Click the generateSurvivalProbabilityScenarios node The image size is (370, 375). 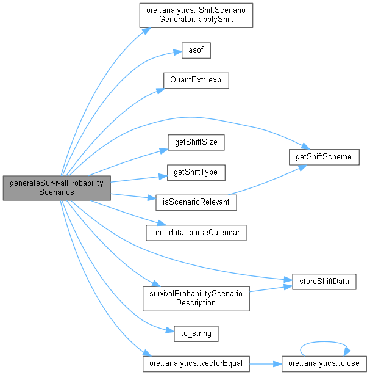point(56,188)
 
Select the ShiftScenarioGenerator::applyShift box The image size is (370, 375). point(196,15)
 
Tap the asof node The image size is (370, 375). point(196,51)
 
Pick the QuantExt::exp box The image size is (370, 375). point(196,81)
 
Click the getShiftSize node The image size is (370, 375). point(196,143)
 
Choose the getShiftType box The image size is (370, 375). point(196,173)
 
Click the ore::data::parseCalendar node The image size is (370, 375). point(196,233)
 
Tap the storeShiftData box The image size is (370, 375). point(324,282)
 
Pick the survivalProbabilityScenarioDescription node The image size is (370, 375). point(196,297)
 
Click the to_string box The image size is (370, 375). point(196,333)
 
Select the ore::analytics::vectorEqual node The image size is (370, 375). point(196,363)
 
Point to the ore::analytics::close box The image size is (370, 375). point(324,363)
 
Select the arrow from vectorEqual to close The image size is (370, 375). point(265,363)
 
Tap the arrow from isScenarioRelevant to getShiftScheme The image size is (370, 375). point(262,181)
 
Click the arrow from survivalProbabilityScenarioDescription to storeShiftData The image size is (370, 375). point(268,288)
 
